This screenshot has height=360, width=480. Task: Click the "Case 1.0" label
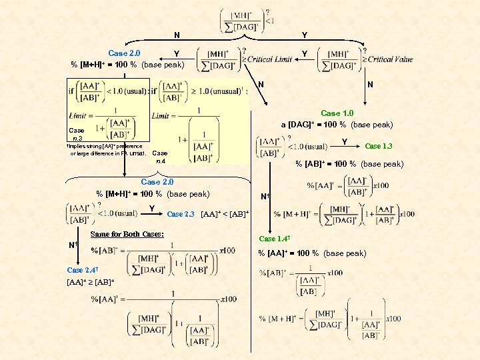click(x=337, y=113)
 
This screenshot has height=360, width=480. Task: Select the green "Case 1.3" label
click(x=379, y=146)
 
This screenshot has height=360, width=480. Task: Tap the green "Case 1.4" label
click(x=274, y=239)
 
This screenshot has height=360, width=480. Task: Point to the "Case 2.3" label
click(x=180, y=214)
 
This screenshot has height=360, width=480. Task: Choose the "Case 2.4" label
click(x=83, y=269)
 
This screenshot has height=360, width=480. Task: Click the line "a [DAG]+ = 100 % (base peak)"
click(x=337, y=125)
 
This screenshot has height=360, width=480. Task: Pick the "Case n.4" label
click(x=160, y=157)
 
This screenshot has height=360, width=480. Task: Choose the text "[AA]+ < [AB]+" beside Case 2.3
click(x=225, y=213)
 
